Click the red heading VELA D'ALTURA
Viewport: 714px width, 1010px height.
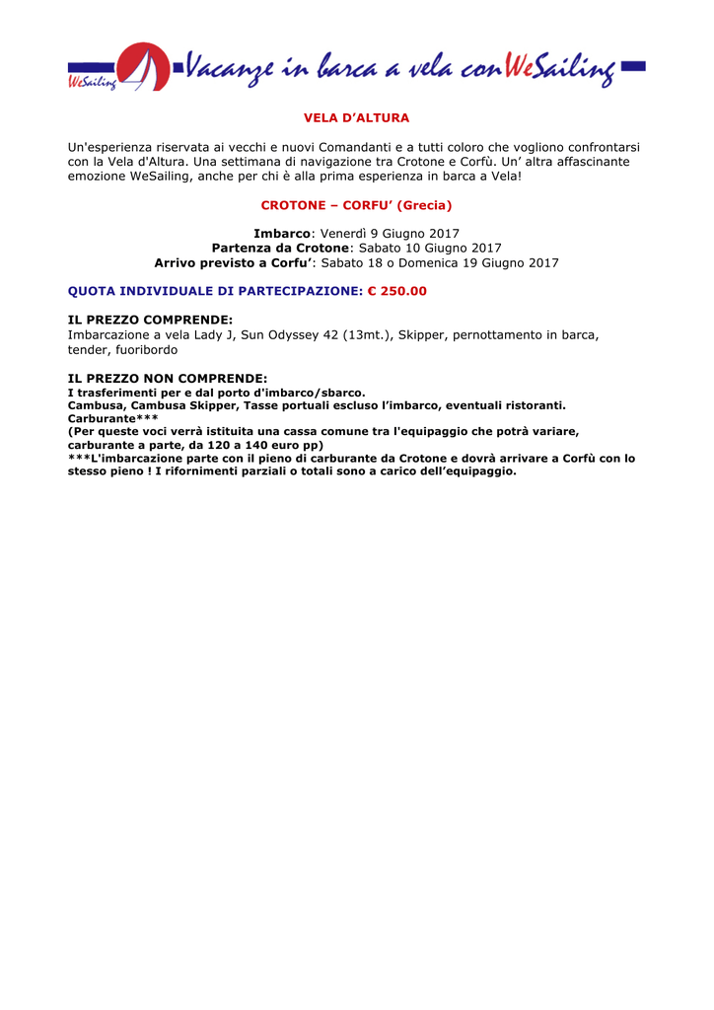pyautogui.click(x=356, y=118)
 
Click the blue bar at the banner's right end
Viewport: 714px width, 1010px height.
pyautogui.click(x=634, y=67)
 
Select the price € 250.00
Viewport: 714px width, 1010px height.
pyautogui.click(x=397, y=292)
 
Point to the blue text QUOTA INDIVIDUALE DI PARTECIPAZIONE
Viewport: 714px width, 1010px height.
pyautogui.click(x=215, y=292)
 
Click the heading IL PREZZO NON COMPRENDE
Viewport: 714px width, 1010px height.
pyautogui.click(x=167, y=378)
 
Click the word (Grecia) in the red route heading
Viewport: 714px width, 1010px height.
pyautogui.click(x=424, y=205)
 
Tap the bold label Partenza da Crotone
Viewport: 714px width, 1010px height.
pyautogui.click(x=280, y=249)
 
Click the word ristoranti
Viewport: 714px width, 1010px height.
pyautogui.click(x=530, y=405)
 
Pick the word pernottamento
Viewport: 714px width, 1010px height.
pyautogui.click(x=498, y=335)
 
